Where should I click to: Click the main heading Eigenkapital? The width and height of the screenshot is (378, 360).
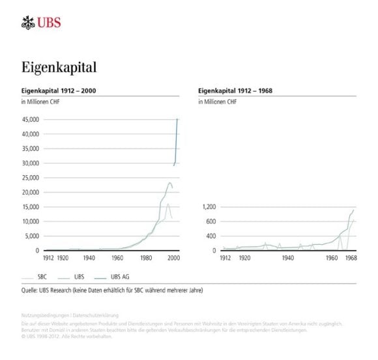click(59, 67)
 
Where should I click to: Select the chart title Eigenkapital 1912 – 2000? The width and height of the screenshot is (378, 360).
click(60, 90)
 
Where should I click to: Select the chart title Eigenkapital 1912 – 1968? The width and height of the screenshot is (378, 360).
click(235, 90)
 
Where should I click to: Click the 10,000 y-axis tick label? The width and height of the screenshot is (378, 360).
click(32, 221)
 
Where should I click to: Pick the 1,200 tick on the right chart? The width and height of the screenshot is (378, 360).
click(208, 207)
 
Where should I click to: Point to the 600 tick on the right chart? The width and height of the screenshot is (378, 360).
click(211, 221)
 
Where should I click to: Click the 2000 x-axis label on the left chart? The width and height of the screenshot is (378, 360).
click(173, 258)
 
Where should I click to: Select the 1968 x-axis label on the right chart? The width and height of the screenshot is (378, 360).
click(350, 258)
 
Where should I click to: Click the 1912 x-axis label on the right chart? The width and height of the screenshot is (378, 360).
click(225, 258)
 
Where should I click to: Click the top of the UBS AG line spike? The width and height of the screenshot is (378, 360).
click(177, 120)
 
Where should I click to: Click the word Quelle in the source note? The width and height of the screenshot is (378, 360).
click(32, 290)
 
